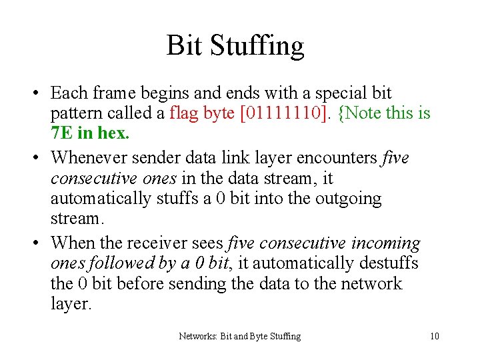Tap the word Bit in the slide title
pyautogui.click(x=185, y=45)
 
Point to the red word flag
pyautogui.click(x=185, y=113)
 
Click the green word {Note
pyautogui.click(x=361, y=113)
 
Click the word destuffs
pyautogui.click(x=386, y=263)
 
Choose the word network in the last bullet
pyautogui.click(x=371, y=283)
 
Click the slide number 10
pyautogui.click(x=435, y=336)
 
